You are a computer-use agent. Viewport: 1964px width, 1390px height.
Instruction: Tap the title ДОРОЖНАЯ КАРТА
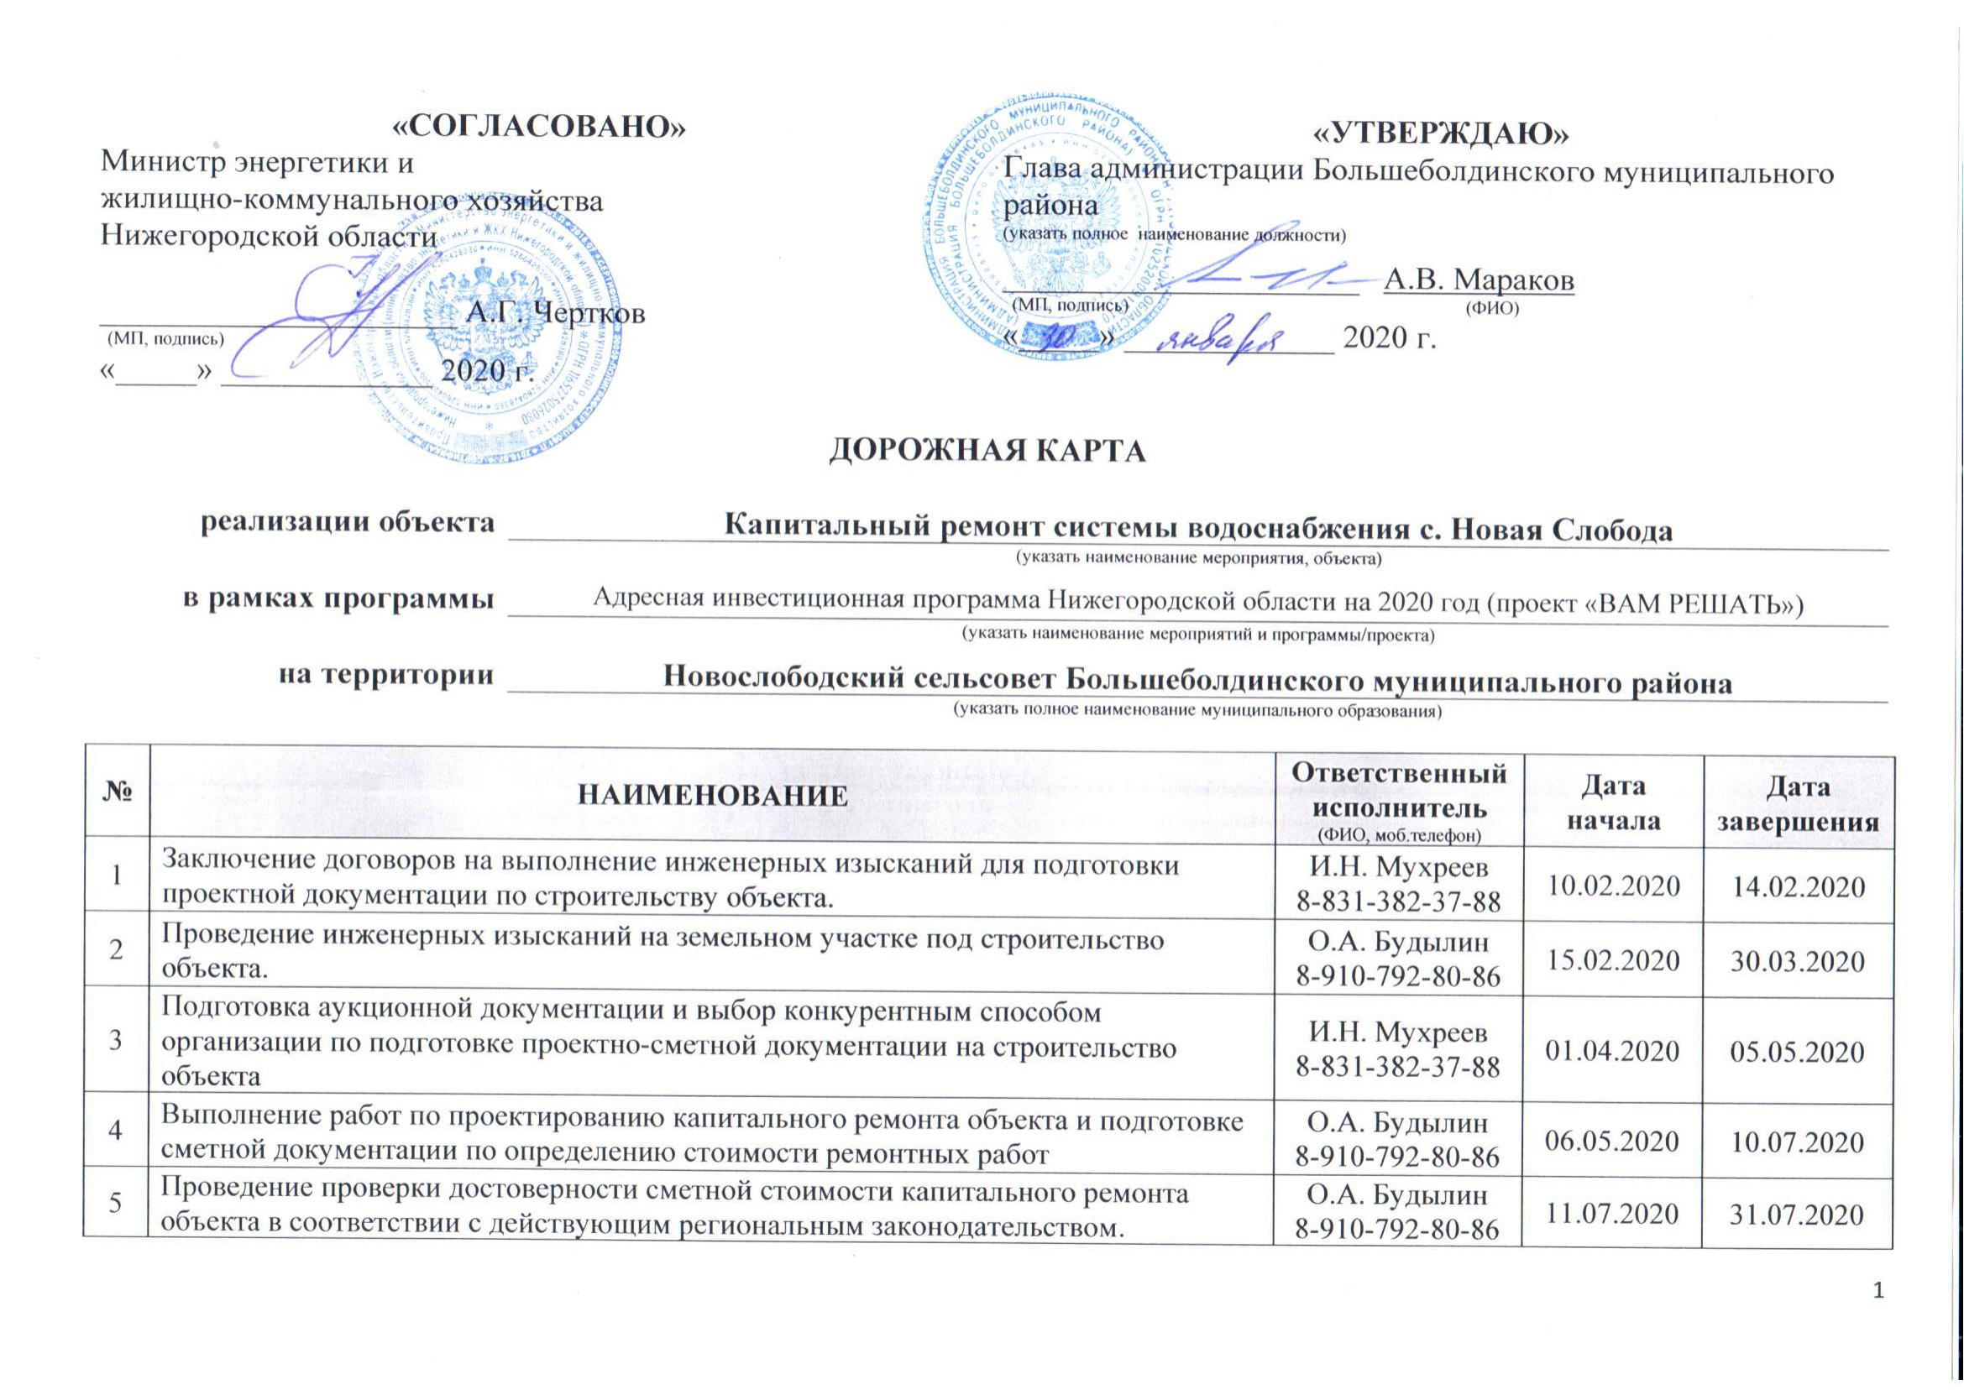[987, 451]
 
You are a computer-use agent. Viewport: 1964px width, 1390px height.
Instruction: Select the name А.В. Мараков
[1479, 280]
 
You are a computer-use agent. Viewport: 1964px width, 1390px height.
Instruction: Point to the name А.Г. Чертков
[555, 313]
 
